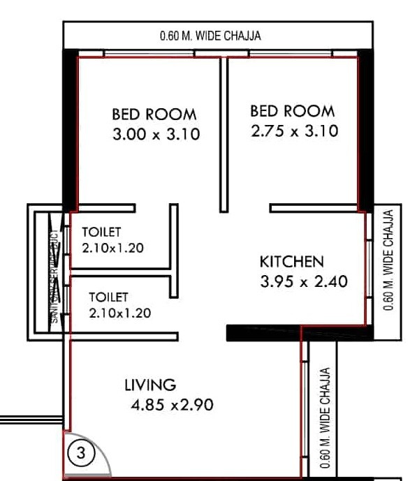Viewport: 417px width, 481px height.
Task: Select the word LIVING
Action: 149,385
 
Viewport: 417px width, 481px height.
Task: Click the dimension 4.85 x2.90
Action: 171,404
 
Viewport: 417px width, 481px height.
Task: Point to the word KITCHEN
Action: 292,262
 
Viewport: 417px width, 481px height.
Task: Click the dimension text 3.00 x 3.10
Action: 156,134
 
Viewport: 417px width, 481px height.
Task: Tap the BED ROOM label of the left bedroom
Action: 154,114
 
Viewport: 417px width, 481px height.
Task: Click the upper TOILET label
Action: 102,232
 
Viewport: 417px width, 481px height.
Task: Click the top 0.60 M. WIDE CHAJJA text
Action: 210,36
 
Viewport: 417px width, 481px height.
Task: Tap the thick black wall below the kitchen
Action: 263,334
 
